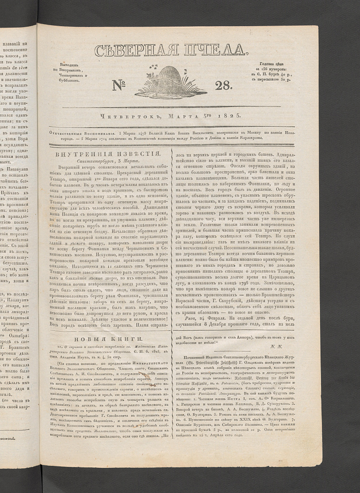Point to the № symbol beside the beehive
(120, 85)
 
